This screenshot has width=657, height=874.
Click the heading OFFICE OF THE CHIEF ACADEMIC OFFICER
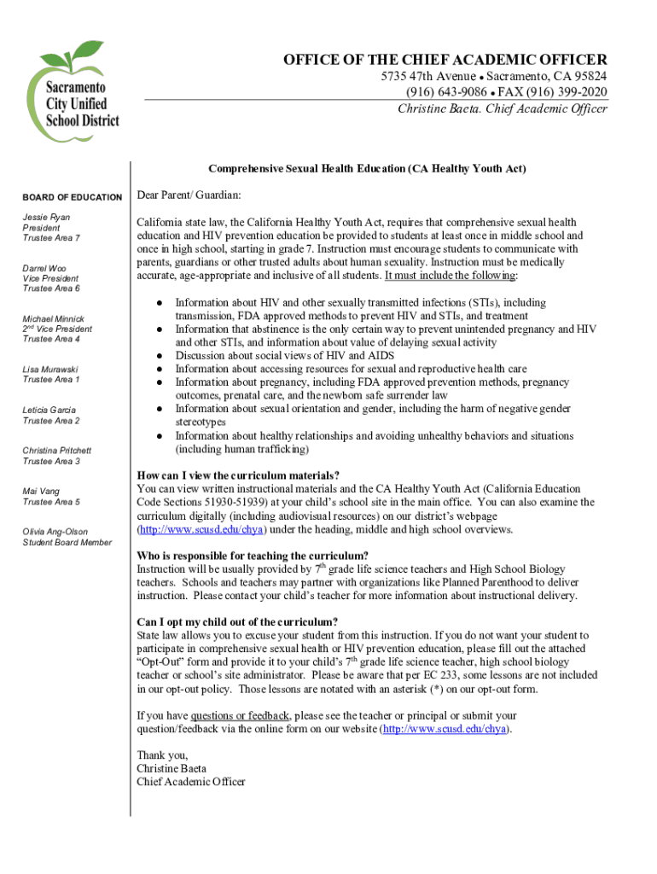pyautogui.click(x=445, y=59)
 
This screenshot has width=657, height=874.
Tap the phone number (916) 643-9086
pyautogui.click(x=446, y=92)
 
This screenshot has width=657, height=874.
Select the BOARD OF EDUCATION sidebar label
pyautogui.click(x=73, y=197)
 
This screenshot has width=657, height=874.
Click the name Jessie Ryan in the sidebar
pyautogui.click(x=47, y=218)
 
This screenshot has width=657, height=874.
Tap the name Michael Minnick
pyautogui.click(x=54, y=318)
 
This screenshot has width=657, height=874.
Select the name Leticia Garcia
pyautogui.click(x=49, y=411)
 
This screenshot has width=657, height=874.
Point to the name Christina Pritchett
pyautogui.click(x=57, y=451)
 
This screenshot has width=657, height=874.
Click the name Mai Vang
pyautogui.click(x=41, y=491)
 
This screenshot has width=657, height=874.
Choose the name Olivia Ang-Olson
pyautogui.click(x=55, y=532)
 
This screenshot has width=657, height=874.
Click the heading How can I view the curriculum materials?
pyautogui.click(x=239, y=475)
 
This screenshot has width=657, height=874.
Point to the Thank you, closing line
pyautogui.click(x=162, y=755)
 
